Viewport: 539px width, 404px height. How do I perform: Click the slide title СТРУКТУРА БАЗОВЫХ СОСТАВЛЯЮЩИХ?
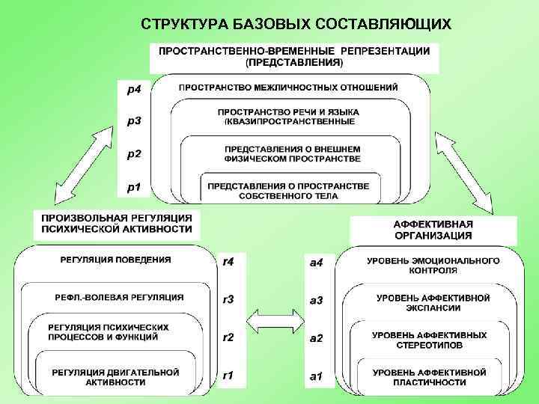(x=296, y=25)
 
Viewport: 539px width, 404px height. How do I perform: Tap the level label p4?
(x=134, y=91)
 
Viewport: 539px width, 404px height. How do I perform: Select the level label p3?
(x=134, y=120)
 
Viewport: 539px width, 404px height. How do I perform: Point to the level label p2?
(x=134, y=154)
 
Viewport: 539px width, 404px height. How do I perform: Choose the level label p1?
(x=134, y=187)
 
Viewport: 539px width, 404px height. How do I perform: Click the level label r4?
(x=228, y=262)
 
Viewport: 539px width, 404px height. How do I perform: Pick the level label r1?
(x=228, y=375)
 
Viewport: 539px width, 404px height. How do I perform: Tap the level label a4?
(x=316, y=263)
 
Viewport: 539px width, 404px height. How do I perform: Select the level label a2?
(x=316, y=338)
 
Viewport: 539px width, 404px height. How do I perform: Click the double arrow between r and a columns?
(x=272, y=323)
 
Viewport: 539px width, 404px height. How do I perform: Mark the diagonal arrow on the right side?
(x=466, y=170)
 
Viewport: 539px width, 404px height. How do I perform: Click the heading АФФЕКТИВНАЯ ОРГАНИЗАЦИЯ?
(x=433, y=230)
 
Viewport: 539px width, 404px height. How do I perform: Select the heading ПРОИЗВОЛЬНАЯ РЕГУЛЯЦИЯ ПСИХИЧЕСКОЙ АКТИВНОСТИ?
(x=116, y=224)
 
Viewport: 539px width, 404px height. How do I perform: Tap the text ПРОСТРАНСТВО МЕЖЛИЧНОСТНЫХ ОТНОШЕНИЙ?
(x=288, y=88)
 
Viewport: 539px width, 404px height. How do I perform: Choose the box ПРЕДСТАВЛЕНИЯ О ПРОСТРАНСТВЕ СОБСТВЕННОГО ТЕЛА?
(x=288, y=190)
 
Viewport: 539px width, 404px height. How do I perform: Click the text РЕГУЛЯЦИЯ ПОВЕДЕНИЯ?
(x=115, y=260)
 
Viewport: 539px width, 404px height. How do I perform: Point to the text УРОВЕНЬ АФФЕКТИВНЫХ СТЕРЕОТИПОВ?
(x=429, y=340)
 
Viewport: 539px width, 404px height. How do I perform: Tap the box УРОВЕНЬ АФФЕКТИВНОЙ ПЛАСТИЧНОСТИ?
(x=429, y=377)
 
